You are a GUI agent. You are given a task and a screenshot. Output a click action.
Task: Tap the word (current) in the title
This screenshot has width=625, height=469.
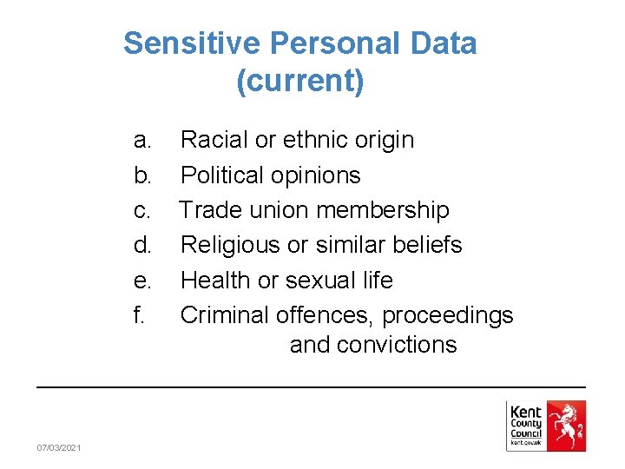click(299, 81)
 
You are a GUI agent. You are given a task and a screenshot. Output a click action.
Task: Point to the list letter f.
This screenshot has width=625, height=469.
click(139, 314)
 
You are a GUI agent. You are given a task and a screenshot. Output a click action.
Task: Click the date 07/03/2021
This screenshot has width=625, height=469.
click(59, 447)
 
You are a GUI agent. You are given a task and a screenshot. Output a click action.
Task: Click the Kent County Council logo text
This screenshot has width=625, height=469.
click(525, 423)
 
